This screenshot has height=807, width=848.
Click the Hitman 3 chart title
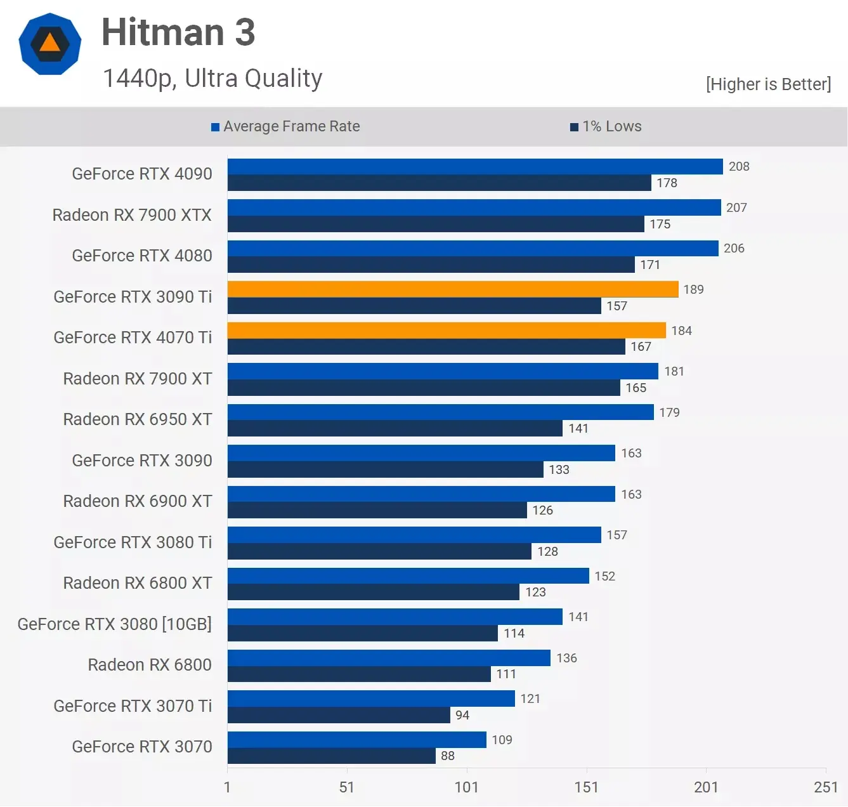point(178,32)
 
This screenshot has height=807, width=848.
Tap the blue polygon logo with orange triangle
point(50,44)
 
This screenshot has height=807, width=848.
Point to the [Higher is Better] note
point(768,84)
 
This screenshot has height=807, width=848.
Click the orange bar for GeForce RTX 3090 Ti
point(452,289)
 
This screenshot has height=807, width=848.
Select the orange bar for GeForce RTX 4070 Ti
point(446,331)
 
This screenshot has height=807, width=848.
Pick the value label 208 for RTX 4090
point(739,166)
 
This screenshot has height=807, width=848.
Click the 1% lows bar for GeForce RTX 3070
point(331,756)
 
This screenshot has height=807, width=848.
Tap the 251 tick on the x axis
point(826,787)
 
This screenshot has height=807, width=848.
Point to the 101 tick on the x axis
point(466,787)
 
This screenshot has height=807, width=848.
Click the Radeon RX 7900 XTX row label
point(132,215)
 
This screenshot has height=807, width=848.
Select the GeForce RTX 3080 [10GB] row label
point(114,624)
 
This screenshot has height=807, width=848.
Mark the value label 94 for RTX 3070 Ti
point(462,715)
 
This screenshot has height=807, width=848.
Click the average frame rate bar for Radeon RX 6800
point(388,658)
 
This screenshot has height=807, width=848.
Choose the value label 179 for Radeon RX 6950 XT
point(669,412)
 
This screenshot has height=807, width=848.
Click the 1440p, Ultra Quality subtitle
point(212,79)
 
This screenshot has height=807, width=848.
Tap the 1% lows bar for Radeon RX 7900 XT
point(423,388)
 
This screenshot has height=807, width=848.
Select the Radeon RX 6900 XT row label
point(138,501)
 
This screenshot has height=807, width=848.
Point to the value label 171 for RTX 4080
point(650,265)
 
